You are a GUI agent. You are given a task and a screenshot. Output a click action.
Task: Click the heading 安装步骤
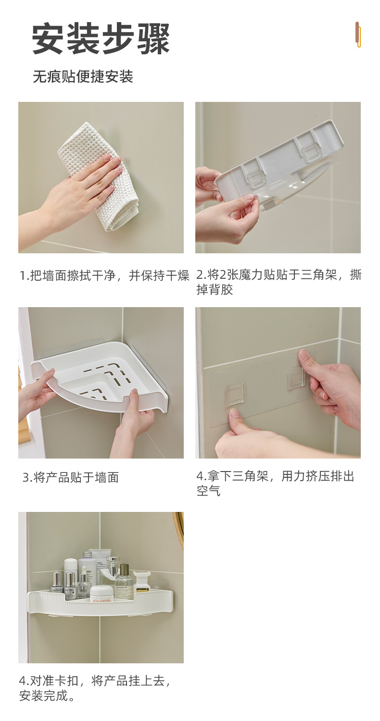point(101,38)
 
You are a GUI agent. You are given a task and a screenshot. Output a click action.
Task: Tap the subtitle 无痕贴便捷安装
point(83,76)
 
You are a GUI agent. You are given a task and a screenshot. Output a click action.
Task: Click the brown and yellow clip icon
point(357,35)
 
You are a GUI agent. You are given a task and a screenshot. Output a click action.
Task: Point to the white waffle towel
point(101,176)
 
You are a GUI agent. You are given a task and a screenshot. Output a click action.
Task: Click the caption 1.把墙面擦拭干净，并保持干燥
point(104,275)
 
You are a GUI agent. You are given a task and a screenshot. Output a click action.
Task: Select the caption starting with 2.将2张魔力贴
point(279,282)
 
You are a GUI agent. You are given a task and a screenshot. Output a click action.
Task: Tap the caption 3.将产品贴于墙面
point(71,477)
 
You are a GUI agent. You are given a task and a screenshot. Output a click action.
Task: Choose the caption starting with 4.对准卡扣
point(95,688)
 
